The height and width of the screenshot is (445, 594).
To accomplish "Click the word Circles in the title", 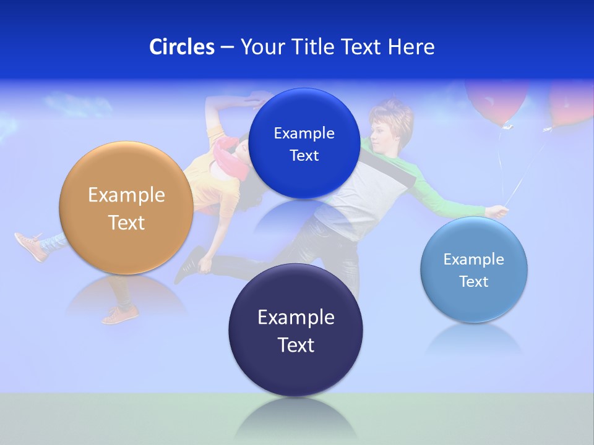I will point(182,47).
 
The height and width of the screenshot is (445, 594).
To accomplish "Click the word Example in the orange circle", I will point(126,195).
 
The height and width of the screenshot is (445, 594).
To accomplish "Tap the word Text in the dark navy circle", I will point(296,345).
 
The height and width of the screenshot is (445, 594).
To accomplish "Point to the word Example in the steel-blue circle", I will point(473,260).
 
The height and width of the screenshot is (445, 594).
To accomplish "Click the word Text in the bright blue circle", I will point(304,156).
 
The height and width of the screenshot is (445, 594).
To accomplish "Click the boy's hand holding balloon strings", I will point(497,212).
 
